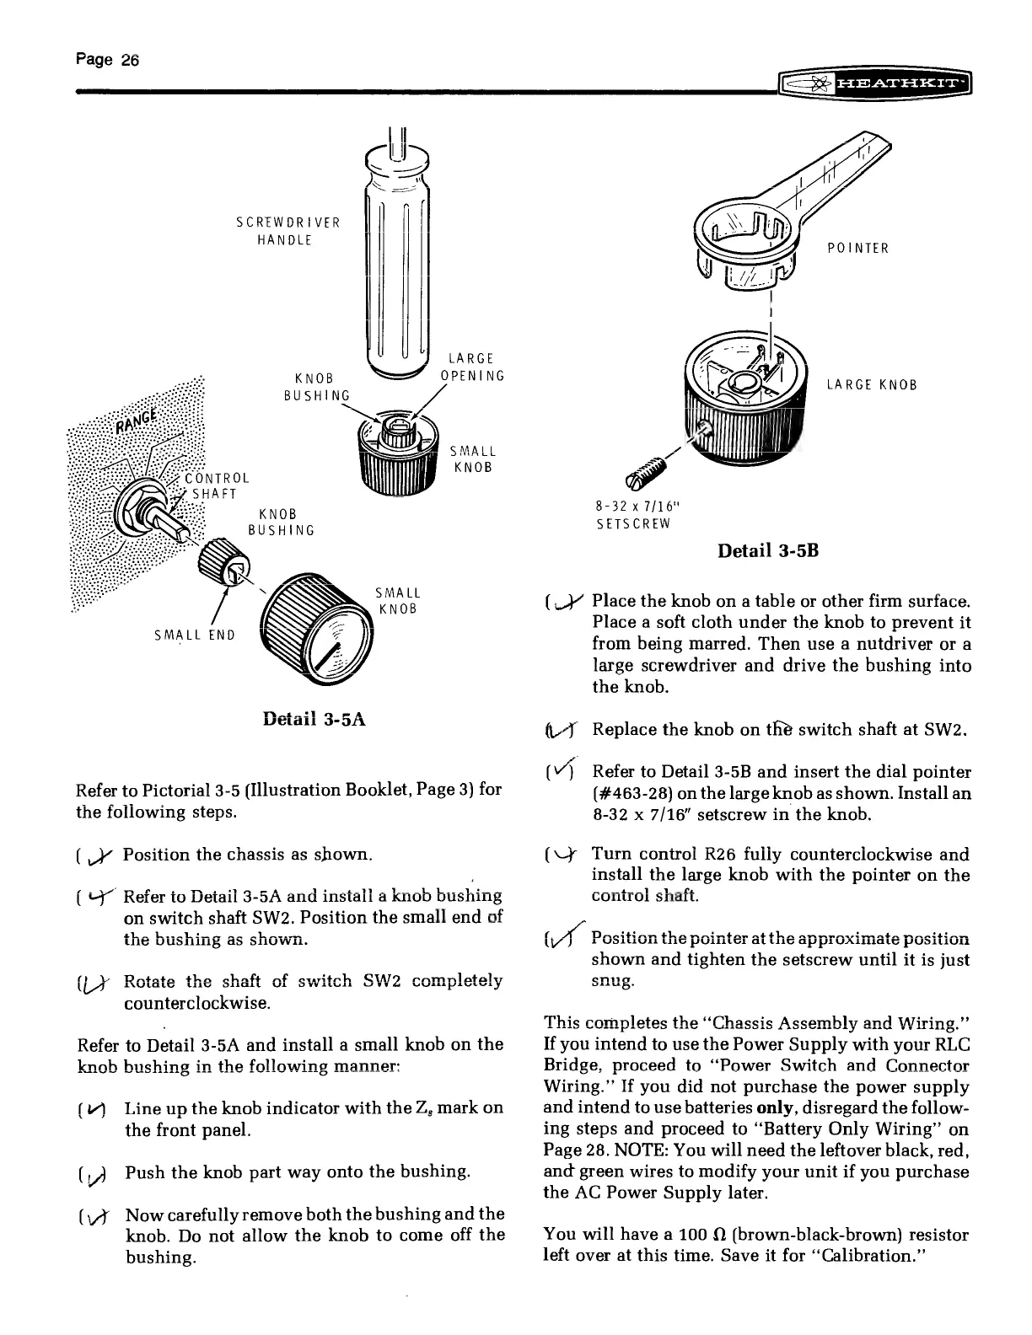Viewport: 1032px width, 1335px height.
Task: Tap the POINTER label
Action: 857,248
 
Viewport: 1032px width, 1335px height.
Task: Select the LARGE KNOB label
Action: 871,386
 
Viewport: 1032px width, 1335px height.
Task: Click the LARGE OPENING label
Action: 472,367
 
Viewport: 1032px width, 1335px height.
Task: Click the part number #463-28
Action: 636,793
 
